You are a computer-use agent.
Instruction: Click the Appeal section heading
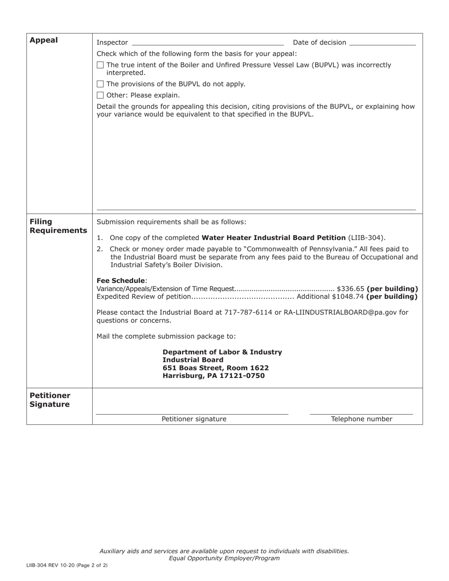[43, 40]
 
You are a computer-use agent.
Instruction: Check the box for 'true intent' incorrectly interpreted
[100, 65]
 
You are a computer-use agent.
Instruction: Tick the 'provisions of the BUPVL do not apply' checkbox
[100, 84]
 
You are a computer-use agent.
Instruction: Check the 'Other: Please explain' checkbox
[100, 95]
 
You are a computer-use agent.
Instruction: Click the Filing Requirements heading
[58, 226]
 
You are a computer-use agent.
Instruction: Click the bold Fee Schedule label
[121, 281]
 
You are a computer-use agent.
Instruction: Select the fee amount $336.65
[350, 289]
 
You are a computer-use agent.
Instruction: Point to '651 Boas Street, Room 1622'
[216, 368]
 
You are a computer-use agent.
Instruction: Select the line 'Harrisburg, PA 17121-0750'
[214, 376]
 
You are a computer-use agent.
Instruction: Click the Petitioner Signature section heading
[50, 400]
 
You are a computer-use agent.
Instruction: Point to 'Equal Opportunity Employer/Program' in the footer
[224, 558]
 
